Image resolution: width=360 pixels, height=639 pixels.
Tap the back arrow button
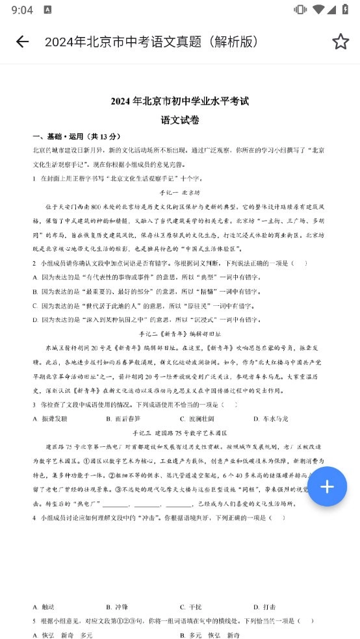[x=22, y=42]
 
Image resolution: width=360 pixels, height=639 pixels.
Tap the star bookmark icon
[x=341, y=42]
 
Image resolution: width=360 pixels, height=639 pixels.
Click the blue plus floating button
[x=327, y=486]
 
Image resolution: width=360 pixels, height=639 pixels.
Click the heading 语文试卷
[x=180, y=120]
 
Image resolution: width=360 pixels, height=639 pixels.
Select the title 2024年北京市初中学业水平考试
[x=180, y=101]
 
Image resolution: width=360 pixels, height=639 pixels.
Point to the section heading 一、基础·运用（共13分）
[x=77, y=136]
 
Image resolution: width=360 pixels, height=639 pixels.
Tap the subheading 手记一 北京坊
[x=180, y=193]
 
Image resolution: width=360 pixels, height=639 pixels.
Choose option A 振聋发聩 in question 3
[x=51, y=419]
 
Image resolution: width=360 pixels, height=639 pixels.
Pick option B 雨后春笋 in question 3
[x=123, y=419]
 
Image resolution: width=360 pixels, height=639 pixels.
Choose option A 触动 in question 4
[x=45, y=607]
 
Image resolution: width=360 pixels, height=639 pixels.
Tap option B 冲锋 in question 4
[x=118, y=607]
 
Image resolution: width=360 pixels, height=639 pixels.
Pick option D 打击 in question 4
[x=266, y=607]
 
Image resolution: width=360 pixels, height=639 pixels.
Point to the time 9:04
[x=22, y=10]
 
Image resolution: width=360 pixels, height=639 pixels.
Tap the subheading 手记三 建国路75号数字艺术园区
[x=180, y=433]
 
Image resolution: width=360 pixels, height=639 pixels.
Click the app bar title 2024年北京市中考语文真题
[x=151, y=42]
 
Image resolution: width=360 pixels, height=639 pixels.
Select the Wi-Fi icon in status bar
[x=318, y=10]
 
